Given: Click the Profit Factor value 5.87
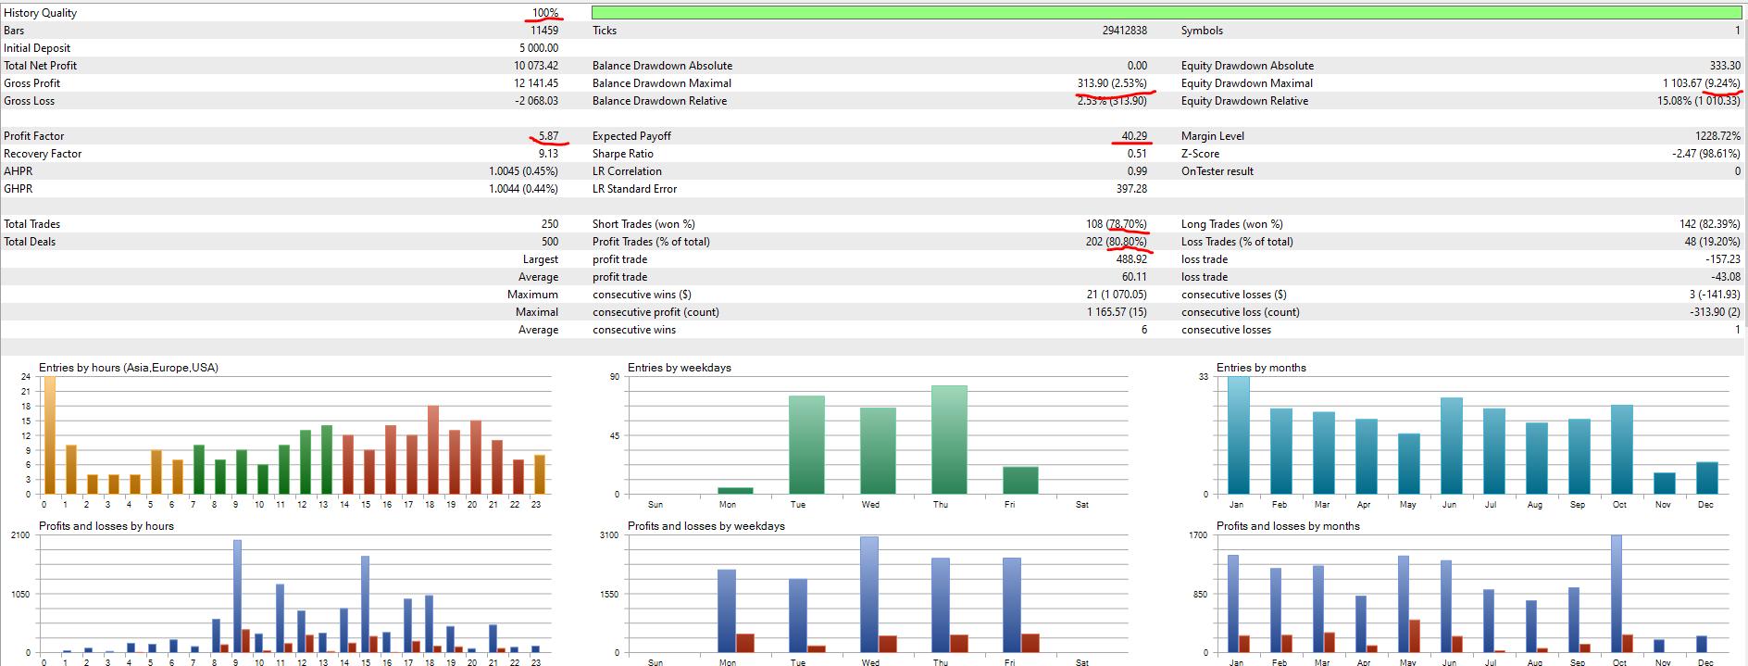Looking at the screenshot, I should pyautogui.click(x=548, y=136).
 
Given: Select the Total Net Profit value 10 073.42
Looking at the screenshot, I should pyautogui.click(x=536, y=66).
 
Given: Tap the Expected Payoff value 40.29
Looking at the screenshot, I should pyautogui.click(x=1134, y=136).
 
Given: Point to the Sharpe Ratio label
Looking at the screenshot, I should pyautogui.click(x=622, y=154).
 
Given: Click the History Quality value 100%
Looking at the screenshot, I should pyautogui.click(x=544, y=13).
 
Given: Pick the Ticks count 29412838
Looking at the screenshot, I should pyautogui.click(x=1124, y=31).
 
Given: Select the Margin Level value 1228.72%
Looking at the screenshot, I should pyautogui.click(x=1717, y=136).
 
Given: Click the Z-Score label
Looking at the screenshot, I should pyautogui.click(x=1200, y=154).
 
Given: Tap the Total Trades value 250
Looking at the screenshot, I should pyautogui.click(x=549, y=224).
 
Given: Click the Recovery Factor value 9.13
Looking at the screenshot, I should pyautogui.click(x=548, y=154).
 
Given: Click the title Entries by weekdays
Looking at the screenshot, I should pyautogui.click(x=679, y=368).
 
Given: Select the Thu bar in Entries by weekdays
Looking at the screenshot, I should pyautogui.click(x=949, y=440).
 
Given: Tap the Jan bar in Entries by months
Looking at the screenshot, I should pyautogui.click(x=1238, y=435).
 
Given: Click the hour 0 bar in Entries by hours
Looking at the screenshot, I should pyautogui.click(x=50, y=435).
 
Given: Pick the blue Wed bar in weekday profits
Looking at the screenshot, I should pyautogui.click(x=869, y=595).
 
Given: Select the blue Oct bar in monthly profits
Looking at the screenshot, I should pyautogui.click(x=1617, y=594).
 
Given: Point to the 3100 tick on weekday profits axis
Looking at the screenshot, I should pyautogui.click(x=608, y=535).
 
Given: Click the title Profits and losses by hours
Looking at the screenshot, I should pyautogui.click(x=106, y=526).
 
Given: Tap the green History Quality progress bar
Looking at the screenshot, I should pyautogui.click(x=1166, y=13).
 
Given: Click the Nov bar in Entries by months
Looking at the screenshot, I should pyautogui.click(x=1664, y=483).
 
